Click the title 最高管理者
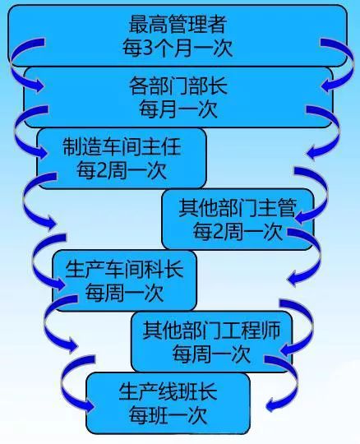coord(178,24)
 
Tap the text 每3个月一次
coord(178,48)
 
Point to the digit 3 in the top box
coord(147,49)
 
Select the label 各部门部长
coord(178,86)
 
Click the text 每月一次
coord(178,109)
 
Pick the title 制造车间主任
coord(122,146)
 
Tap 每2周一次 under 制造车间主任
coord(122,170)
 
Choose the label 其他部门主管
coord(238,208)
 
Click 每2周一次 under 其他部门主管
coord(238,231)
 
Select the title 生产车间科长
coord(125,269)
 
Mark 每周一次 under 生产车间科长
coord(125,292)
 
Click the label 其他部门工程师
coord(211,330)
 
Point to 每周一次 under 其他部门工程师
coord(211,354)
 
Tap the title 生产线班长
coord(168,392)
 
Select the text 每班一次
coord(168,415)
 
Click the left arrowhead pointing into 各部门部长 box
coord(39,84)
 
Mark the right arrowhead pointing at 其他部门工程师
coord(285,349)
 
